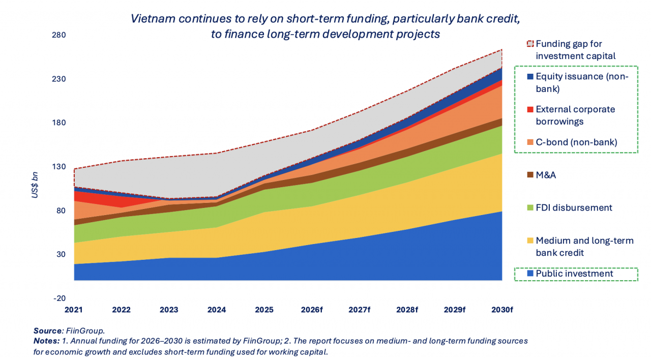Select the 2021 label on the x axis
(x=74, y=310)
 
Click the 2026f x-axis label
(x=311, y=310)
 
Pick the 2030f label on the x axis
(x=501, y=310)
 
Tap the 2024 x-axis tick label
(x=217, y=310)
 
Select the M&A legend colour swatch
(x=530, y=175)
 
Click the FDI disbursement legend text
(x=574, y=207)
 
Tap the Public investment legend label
(x=574, y=274)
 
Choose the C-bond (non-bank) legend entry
(x=576, y=142)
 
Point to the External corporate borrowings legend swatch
(x=530, y=109)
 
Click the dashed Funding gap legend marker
(x=530, y=44)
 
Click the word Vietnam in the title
(x=150, y=19)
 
